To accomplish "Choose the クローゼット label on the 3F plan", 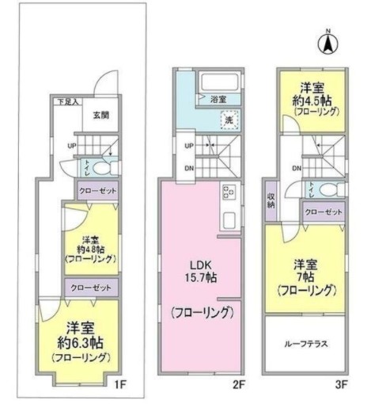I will point(324,212).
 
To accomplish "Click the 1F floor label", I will point(118,386).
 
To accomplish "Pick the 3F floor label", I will point(341,386).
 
